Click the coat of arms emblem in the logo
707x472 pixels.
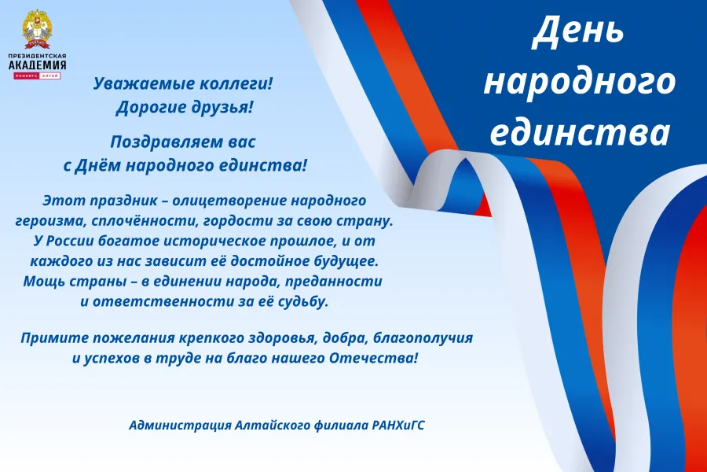(37, 29)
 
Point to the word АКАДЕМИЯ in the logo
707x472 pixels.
(38, 65)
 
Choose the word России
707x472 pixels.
(68, 241)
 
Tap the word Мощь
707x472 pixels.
(42, 282)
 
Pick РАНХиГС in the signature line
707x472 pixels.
(398, 426)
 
